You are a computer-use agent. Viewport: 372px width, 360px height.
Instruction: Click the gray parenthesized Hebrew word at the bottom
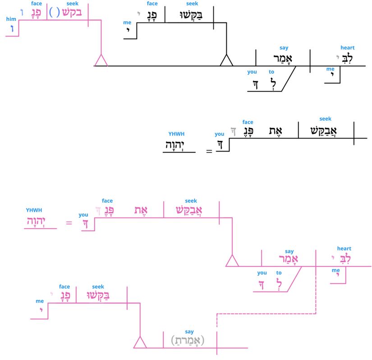(x=188, y=341)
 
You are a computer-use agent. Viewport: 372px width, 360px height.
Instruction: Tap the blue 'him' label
(x=10, y=19)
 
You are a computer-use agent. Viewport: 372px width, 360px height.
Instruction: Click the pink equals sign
(x=69, y=223)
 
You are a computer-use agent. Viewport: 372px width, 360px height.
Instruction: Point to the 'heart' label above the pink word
(x=344, y=249)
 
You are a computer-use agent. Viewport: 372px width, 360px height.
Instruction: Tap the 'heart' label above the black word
(x=347, y=48)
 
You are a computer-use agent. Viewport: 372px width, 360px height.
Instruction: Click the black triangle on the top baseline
(x=226, y=61)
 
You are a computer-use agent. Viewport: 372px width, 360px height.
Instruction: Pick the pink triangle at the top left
(x=101, y=61)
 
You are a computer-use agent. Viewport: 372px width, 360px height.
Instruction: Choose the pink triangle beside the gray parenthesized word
(x=141, y=343)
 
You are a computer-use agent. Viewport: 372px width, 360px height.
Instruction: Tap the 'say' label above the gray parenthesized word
(x=189, y=332)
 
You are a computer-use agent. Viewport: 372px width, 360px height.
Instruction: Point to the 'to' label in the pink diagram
(x=279, y=272)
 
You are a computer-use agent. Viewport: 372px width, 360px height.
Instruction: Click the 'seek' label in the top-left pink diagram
(x=72, y=4)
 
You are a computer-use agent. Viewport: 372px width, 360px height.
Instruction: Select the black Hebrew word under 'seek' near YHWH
(x=325, y=131)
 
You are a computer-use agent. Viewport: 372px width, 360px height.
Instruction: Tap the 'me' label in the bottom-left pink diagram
(x=39, y=301)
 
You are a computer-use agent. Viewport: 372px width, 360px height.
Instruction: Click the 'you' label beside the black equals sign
(x=220, y=134)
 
